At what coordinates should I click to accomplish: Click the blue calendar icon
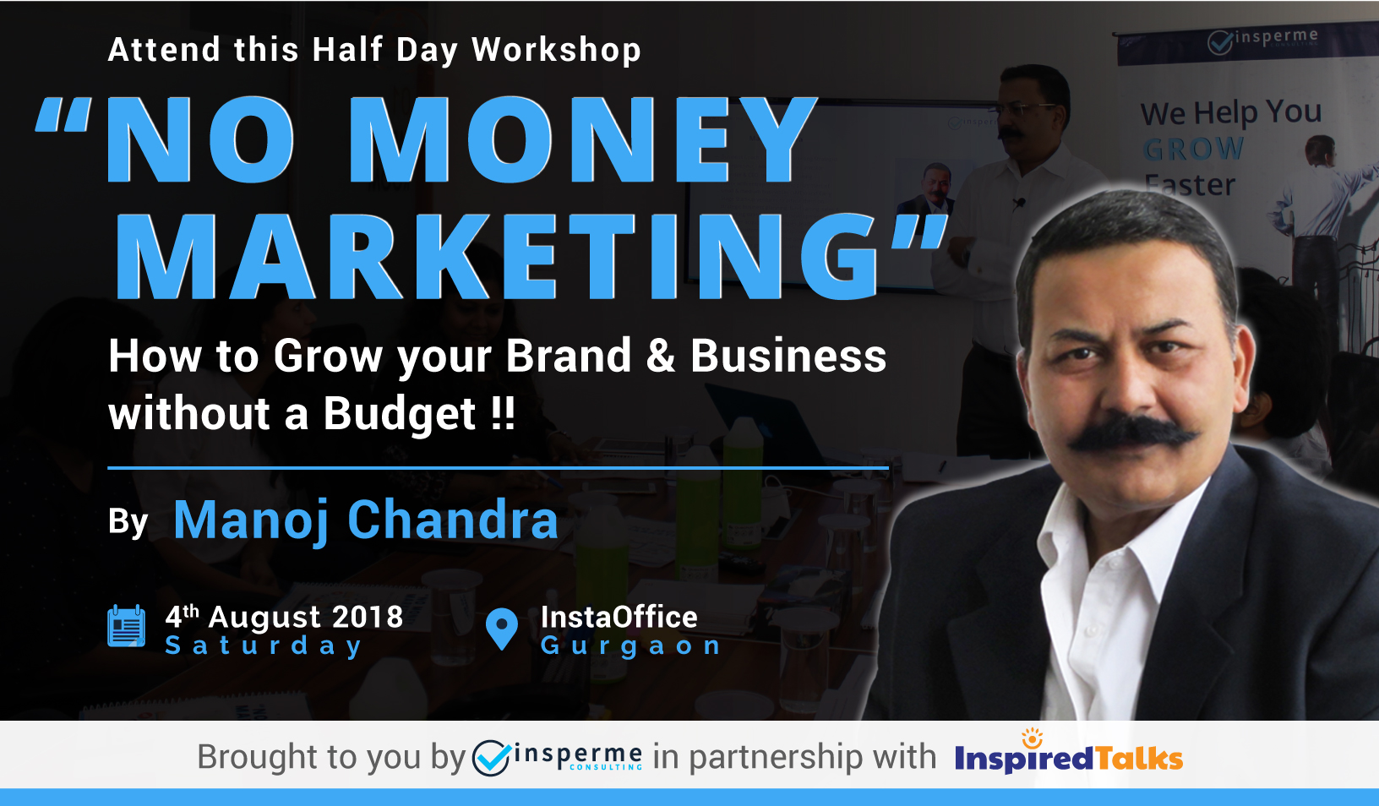pyautogui.click(x=126, y=625)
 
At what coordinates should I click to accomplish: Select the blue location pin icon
pyautogui.click(x=502, y=629)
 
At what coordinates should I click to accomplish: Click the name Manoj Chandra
pyautogui.click(x=366, y=520)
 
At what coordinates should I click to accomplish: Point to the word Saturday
pyautogui.click(x=264, y=646)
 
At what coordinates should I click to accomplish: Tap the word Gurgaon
pyautogui.click(x=630, y=646)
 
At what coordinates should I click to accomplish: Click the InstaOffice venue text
pyautogui.click(x=619, y=617)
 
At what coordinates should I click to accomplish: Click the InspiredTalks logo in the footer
pyautogui.click(x=1068, y=754)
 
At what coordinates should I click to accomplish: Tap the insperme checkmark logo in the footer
pyautogui.click(x=491, y=757)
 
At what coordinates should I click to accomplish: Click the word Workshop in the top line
pyautogui.click(x=557, y=50)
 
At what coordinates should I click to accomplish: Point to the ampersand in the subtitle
pyautogui.click(x=661, y=357)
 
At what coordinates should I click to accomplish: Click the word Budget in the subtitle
pyautogui.click(x=400, y=413)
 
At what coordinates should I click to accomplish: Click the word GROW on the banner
pyautogui.click(x=1193, y=149)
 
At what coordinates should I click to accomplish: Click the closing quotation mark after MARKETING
pyautogui.click(x=918, y=231)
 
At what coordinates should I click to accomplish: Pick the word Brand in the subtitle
pyautogui.click(x=568, y=356)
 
